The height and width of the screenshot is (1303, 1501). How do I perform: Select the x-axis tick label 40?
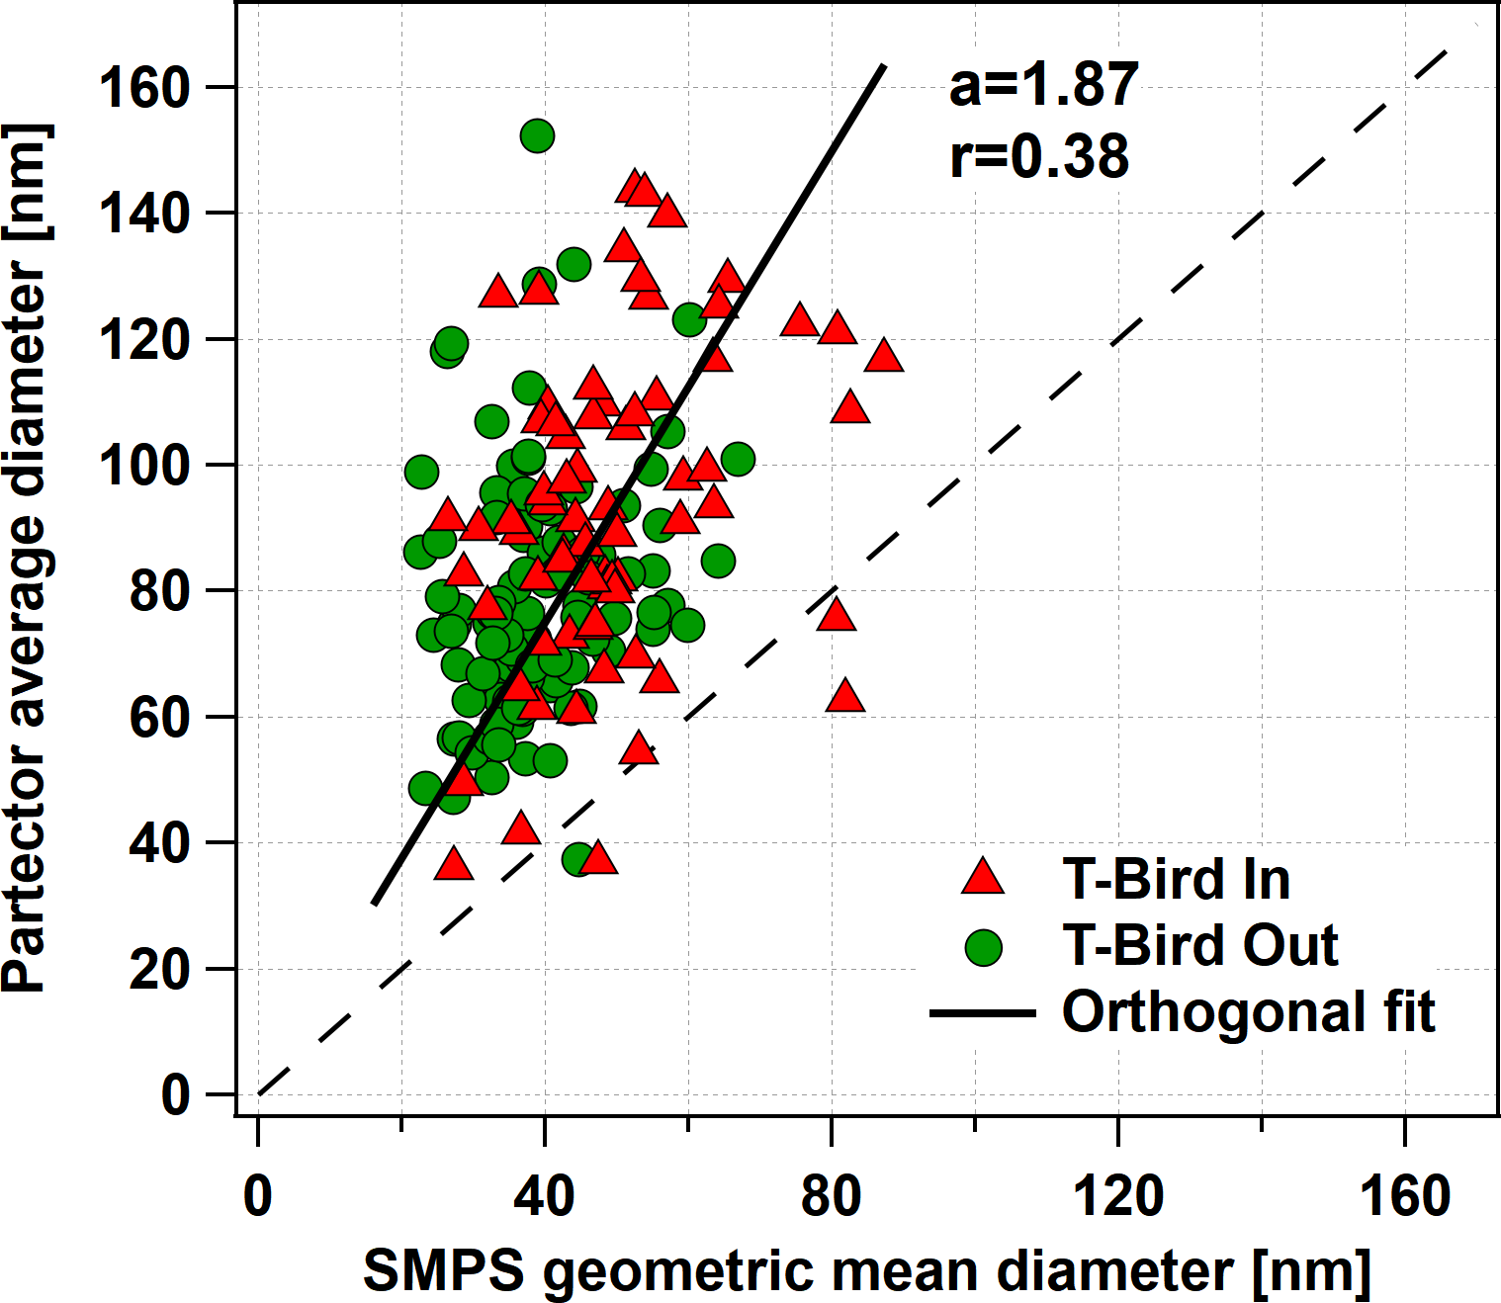(x=544, y=1196)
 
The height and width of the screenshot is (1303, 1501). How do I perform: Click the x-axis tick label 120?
(x=1117, y=1196)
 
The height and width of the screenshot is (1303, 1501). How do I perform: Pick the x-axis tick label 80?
(x=831, y=1196)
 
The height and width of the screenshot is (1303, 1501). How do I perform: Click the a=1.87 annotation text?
(x=1043, y=85)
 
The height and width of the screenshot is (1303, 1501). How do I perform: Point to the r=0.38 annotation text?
(x=1039, y=156)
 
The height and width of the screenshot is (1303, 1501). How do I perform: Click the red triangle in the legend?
(x=983, y=878)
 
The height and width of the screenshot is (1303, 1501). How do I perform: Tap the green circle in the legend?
(x=983, y=946)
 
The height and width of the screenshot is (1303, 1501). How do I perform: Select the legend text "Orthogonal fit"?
(x=1248, y=1012)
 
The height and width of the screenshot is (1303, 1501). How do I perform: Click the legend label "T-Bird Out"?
(x=1199, y=946)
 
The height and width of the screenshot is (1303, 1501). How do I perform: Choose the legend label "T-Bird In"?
(x=1176, y=879)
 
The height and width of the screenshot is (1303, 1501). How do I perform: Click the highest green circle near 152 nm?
(x=537, y=135)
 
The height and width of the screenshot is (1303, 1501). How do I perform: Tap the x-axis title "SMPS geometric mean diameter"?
(x=866, y=1270)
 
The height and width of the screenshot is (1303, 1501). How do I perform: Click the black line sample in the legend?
(x=982, y=1013)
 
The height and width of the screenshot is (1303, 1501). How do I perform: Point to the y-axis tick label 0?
(x=175, y=1095)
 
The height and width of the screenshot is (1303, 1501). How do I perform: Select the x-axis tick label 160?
(x=1405, y=1196)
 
